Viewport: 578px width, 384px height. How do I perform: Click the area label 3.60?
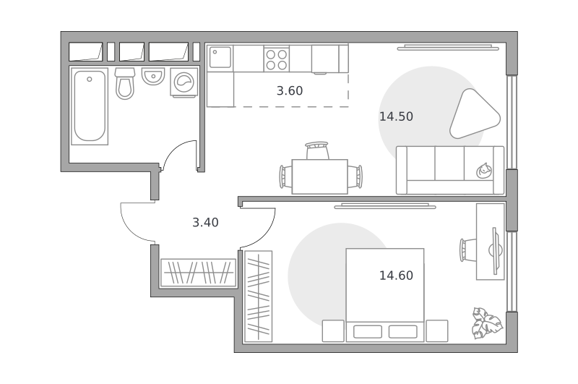290,90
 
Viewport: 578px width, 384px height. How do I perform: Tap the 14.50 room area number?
396,116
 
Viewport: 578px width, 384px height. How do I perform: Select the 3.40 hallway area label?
205,223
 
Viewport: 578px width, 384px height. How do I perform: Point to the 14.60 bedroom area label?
396,276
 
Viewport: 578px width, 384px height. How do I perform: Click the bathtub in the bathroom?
89,106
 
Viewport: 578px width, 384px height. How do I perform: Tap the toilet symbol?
125,83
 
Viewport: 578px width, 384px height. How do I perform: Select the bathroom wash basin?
153,76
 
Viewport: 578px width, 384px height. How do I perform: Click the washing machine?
184,82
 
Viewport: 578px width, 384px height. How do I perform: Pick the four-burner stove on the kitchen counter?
277,60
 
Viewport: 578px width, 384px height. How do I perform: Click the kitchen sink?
220,57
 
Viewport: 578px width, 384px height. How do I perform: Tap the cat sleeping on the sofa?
484,171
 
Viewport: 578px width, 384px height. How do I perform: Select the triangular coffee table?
475,114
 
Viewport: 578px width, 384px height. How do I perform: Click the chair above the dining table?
316,150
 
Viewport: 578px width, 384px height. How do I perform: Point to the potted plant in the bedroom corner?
487,323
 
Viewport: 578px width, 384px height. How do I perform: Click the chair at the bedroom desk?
468,250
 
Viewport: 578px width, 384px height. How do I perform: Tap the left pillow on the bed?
368,332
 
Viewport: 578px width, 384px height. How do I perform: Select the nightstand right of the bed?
437,331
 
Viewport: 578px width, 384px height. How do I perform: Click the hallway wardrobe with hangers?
198,273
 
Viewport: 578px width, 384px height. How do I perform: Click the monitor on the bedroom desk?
496,251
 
